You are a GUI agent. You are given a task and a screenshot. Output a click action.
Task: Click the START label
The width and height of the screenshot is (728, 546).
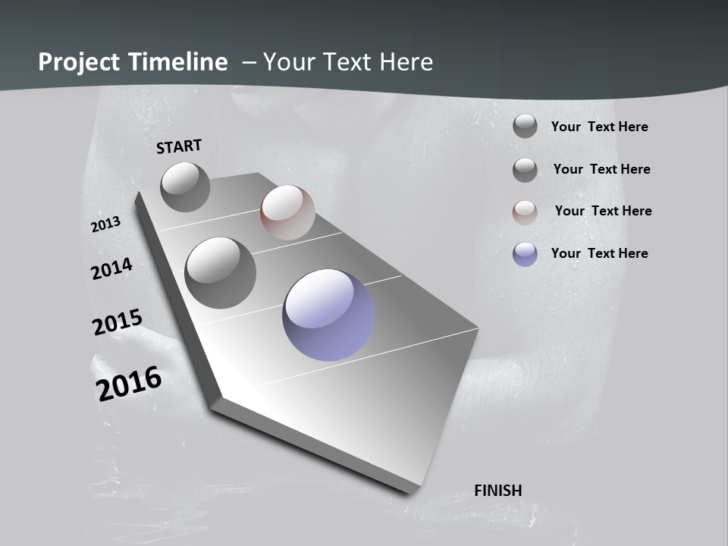179,146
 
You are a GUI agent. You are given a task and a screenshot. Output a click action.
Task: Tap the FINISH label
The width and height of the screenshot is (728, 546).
497,491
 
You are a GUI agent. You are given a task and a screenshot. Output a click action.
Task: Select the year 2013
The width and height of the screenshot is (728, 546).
106,224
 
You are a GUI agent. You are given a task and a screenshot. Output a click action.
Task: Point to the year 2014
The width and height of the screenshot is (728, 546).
111,269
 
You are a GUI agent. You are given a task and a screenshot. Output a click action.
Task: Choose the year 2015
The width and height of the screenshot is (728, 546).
118,322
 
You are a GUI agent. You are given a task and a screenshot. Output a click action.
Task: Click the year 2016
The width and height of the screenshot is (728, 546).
129,384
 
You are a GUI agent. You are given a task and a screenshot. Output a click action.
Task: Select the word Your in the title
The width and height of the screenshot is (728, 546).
288,62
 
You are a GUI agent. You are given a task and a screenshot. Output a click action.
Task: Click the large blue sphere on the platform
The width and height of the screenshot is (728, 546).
328,315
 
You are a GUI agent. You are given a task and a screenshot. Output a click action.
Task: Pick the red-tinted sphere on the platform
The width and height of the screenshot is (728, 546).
287,212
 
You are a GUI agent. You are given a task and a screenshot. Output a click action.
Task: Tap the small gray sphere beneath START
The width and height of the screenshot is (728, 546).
185,187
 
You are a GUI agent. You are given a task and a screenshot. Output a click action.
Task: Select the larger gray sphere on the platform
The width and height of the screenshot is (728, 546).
220,272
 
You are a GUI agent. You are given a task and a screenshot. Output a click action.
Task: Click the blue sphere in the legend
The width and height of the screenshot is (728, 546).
525,254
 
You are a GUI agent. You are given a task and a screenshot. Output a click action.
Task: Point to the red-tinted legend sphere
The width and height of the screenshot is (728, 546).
525,212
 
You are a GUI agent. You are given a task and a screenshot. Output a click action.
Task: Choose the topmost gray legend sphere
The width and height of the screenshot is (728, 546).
525,126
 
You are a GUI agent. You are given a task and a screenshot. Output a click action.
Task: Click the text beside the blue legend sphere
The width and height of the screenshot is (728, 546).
599,253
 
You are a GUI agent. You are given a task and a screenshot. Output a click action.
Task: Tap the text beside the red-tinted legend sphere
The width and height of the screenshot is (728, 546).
603,211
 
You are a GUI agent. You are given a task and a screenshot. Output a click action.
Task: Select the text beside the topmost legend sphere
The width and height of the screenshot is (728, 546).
599,127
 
